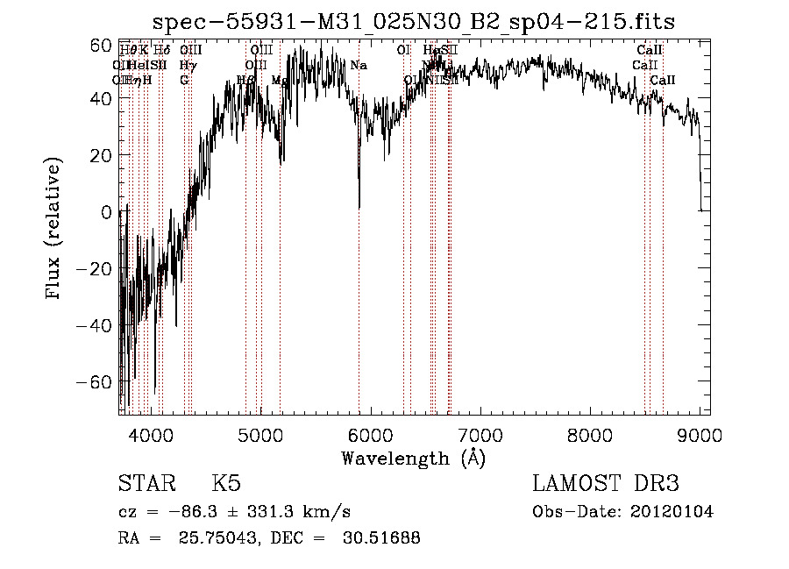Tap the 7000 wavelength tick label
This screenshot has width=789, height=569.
click(480, 434)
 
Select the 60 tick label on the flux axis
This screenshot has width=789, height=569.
click(101, 43)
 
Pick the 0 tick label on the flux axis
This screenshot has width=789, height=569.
click(106, 212)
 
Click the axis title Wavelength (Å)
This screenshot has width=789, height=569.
click(413, 458)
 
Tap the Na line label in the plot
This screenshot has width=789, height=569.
click(359, 65)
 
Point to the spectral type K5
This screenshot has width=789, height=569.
click(226, 485)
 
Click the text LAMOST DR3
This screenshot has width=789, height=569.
click(606, 485)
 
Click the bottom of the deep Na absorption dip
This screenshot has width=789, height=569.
click(359, 207)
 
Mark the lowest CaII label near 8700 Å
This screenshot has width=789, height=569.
click(663, 80)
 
